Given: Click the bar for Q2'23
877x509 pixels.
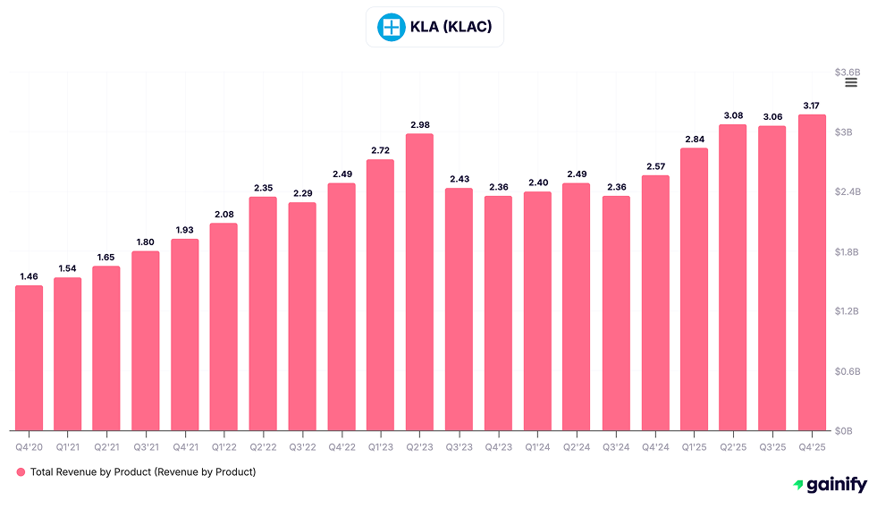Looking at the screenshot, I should tap(419, 282).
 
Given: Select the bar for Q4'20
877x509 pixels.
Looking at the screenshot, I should tap(29, 358).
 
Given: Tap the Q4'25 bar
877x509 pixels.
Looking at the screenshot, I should tap(811, 272).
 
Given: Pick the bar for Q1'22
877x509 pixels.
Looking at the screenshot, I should tap(223, 327).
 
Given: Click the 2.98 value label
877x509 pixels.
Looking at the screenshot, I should tap(419, 124).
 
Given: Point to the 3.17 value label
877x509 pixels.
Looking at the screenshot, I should tap(811, 105).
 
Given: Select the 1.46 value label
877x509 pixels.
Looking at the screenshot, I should tap(29, 276).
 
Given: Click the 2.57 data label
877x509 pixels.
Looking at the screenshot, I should tap(654, 166).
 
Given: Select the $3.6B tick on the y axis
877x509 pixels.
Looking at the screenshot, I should tap(847, 72).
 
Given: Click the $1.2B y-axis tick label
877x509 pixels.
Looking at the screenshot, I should tap(847, 311).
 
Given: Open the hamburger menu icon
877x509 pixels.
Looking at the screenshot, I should tap(851, 82).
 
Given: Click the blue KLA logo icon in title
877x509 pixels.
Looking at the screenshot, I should tap(390, 27).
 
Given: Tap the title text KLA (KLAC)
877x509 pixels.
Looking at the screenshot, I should tap(451, 27).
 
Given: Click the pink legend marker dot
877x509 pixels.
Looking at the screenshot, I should tap(21, 471).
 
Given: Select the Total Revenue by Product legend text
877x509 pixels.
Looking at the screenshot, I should tap(143, 471).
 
